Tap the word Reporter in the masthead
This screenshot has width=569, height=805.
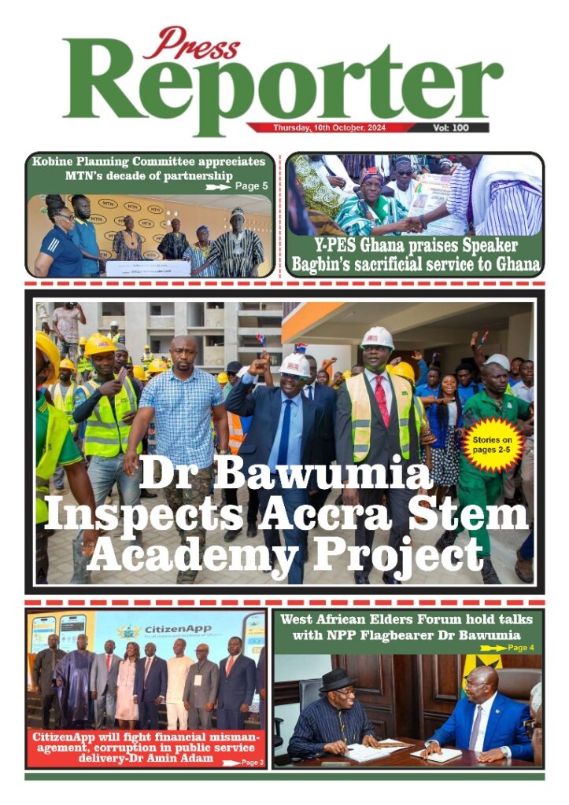pos(283,85)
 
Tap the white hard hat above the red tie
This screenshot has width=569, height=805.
pos(377,339)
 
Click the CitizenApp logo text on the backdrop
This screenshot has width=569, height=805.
pos(168,631)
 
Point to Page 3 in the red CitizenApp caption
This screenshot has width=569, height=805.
pos(251,763)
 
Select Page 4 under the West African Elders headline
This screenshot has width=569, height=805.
pos(519,648)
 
